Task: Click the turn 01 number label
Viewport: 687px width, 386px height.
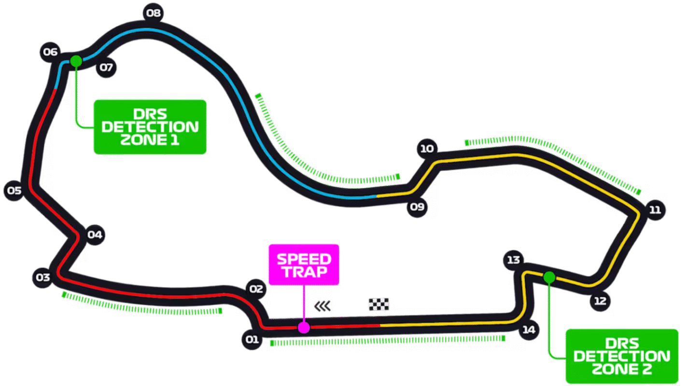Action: pyautogui.click(x=252, y=340)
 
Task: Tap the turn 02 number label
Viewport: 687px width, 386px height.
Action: pyautogui.click(x=256, y=289)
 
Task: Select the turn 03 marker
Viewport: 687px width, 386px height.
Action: pyautogui.click(x=43, y=277)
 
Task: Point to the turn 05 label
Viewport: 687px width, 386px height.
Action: pyautogui.click(x=14, y=191)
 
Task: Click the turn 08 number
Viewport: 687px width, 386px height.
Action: pyautogui.click(x=153, y=13)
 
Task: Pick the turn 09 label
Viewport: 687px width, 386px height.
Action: pyautogui.click(x=417, y=207)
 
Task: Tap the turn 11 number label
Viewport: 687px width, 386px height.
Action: pyautogui.click(x=655, y=210)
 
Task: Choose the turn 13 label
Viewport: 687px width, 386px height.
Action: pyautogui.click(x=513, y=261)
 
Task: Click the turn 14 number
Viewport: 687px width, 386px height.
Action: pyautogui.click(x=529, y=330)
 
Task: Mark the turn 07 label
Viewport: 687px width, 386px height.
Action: pyautogui.click(x=106, y=68)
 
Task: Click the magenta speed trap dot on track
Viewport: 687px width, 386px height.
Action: pyautogui.click(x=304, y=328)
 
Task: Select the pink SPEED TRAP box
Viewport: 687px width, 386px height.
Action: pyautogui.click(x=304, y=265)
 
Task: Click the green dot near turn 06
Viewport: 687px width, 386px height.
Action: pyautogui.click(x=76, y=61)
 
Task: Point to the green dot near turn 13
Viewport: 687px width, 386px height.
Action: pyautogui.click(x=549, y=277)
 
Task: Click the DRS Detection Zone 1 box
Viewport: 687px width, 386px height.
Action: pyautogui.click(x=150, y=127)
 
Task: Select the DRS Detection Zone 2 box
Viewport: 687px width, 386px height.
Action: pyautogui.click(x=622, y=357)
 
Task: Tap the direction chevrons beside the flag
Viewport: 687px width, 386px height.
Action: pyautogui.click(x=322, y=306)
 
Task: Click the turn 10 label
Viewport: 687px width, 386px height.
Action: pyautogui.click(x=427, y=149)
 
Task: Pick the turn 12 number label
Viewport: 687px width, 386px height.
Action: pyautogui.click(x=600, y=302)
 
